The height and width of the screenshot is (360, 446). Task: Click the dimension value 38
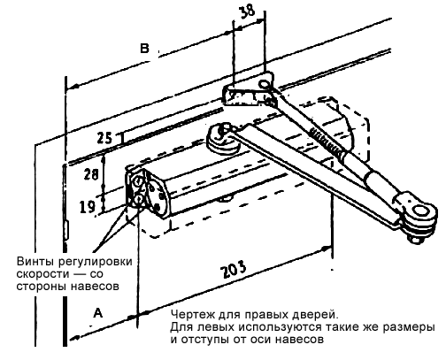point(246,12)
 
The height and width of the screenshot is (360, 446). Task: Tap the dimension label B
point(144,49)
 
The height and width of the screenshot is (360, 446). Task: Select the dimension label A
point(97,313)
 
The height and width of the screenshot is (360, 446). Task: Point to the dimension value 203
point(235,269)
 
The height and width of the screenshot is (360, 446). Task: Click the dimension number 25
point(104,138)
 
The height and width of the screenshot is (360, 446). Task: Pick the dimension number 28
point(91,173)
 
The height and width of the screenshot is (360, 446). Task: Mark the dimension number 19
point(88,206)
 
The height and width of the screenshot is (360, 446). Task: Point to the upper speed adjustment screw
point(137,182)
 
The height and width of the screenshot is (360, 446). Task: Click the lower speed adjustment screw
point(138,201)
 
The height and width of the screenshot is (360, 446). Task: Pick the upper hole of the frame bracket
point(263,85)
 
